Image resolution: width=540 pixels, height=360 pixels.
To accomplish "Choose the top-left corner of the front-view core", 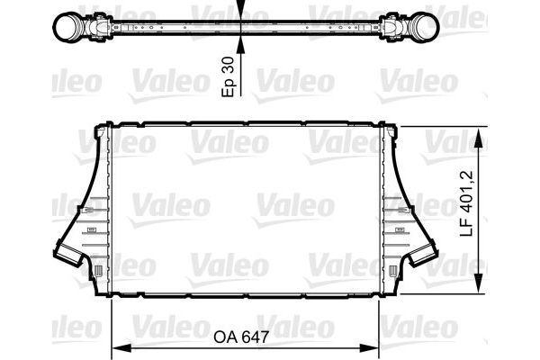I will click(110, 128).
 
